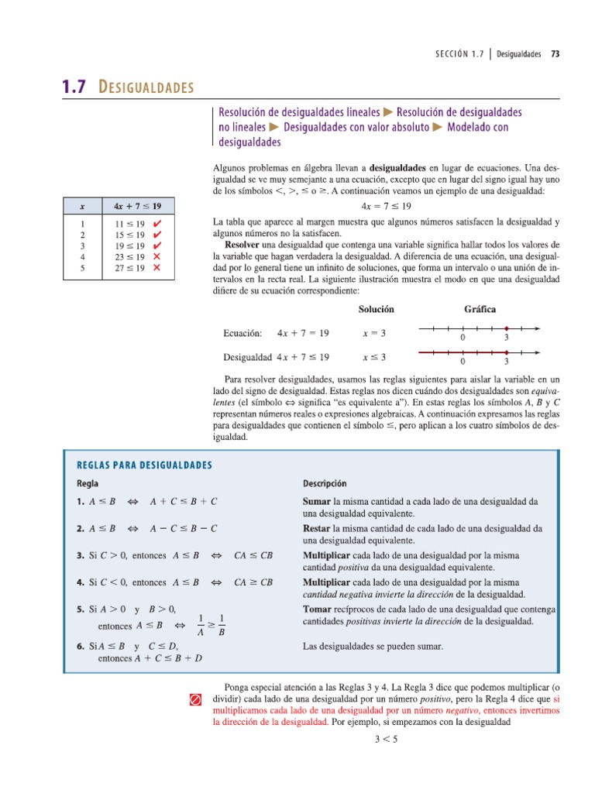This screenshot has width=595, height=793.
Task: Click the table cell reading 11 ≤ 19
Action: point(125,224)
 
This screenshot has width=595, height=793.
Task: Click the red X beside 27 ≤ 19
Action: point(156,268)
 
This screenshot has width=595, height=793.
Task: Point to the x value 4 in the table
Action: point(82,257)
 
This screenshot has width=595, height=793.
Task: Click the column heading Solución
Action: point(376,309)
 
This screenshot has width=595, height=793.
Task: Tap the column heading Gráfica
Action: point(480,309)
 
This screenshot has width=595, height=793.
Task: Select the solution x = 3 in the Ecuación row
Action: point(374,334)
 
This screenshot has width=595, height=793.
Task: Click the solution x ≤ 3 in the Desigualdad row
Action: point(374,357)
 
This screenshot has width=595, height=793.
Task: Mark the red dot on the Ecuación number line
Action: point(506,328)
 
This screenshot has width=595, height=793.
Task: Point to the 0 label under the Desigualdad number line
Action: point(463,362)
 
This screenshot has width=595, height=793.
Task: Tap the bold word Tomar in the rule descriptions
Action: point(317,609)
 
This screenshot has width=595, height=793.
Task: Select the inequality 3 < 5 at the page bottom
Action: point(385,739)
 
